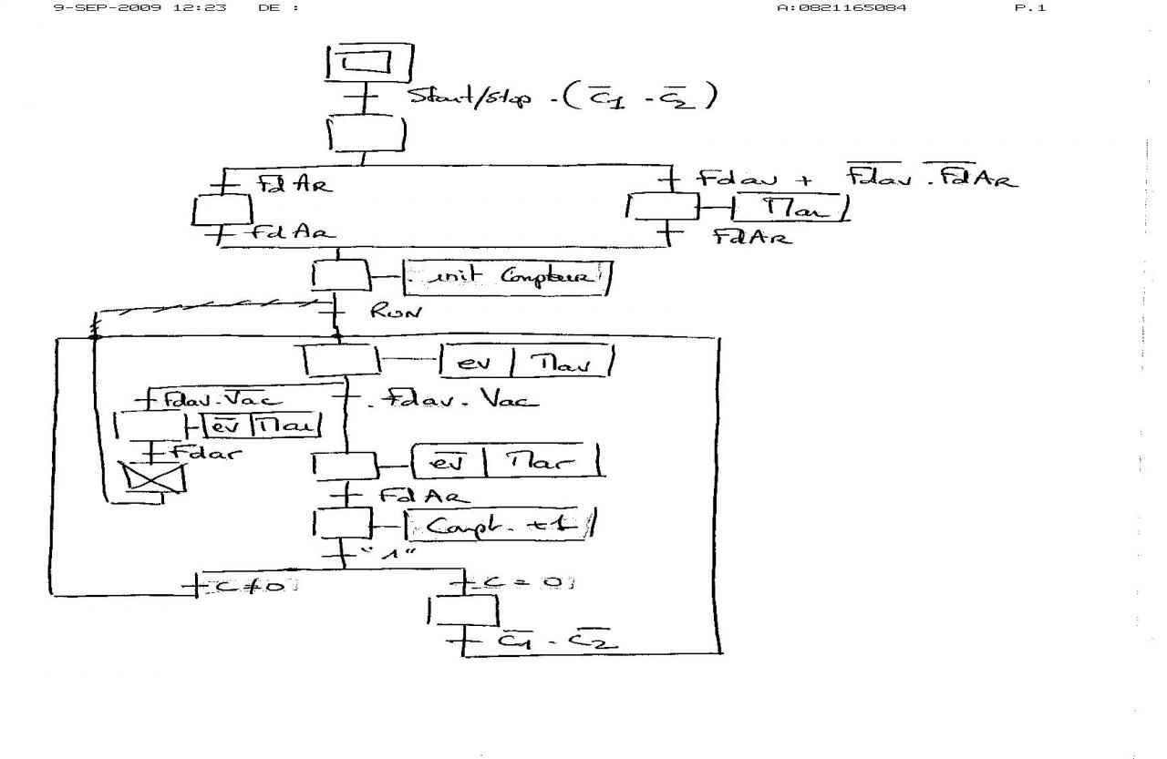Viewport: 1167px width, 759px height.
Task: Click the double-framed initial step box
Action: [369, 62]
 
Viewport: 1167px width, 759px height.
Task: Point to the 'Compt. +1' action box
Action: [496, 525]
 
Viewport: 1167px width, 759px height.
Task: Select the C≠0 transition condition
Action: [249, 585]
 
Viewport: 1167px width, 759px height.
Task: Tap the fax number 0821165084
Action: [842, 8]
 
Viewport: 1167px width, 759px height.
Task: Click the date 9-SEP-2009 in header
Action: [109, 8]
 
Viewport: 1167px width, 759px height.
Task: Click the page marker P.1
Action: [1030, 8]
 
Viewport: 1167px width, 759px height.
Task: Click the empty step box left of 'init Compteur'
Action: [339, 275]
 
